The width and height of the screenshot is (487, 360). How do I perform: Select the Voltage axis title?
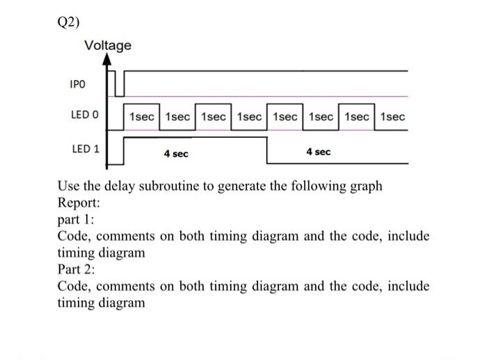click(x=107, y=46)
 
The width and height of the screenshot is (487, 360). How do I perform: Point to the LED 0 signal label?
click(x=85, y=115)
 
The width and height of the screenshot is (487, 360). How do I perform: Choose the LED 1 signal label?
click(x=86, y=148)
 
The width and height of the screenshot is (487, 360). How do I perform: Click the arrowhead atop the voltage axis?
click(x=107, y=60)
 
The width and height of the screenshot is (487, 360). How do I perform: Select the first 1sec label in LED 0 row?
click(x=142, y=116)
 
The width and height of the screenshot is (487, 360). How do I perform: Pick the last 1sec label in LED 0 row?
click(x=392, y=116)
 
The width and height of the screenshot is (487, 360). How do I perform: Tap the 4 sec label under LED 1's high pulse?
click(x=176, y=153)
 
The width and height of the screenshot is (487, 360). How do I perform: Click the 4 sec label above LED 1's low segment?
click(x=318, y=151)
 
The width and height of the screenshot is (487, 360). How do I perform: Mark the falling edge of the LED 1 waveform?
click(x=267, y=150)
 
